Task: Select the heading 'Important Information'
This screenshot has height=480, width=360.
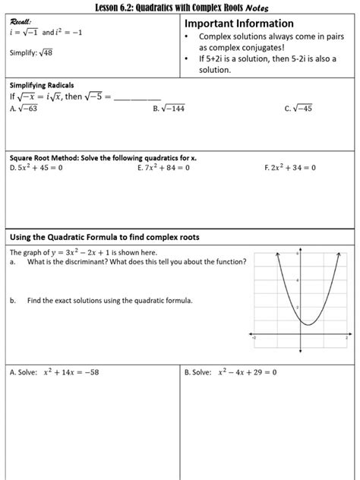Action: (239, 24)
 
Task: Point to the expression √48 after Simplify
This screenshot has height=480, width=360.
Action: (47, 52)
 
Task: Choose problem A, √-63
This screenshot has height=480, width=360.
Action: (26, 109)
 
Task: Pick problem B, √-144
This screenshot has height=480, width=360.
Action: (169, 109)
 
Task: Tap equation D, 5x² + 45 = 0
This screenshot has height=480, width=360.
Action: (36, 167)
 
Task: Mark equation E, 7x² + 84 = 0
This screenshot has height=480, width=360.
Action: (165, 167)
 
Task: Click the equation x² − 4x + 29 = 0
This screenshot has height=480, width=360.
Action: (247, 372)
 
